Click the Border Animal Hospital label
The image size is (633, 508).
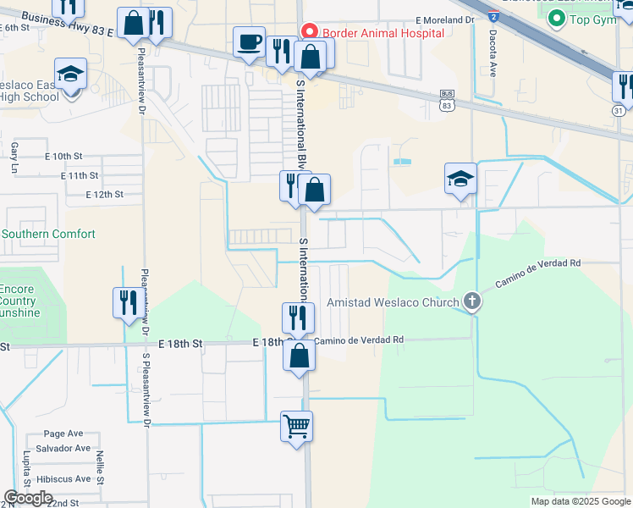tap(383, 33)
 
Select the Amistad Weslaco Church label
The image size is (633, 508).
tap(394, 302)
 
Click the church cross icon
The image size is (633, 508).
tap(472, 301)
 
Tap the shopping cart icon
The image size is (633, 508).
tap(297, 426)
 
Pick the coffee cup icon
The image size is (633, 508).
tap(250, 42)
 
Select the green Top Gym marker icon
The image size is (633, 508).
tap(557, 19)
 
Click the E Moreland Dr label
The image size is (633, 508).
tap(448, 19)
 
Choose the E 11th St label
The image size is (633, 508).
tap(80, 175)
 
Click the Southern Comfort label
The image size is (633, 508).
tap(49, 234)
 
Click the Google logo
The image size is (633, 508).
tap(28, 498)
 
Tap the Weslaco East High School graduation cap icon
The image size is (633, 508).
tap(71, 75)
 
